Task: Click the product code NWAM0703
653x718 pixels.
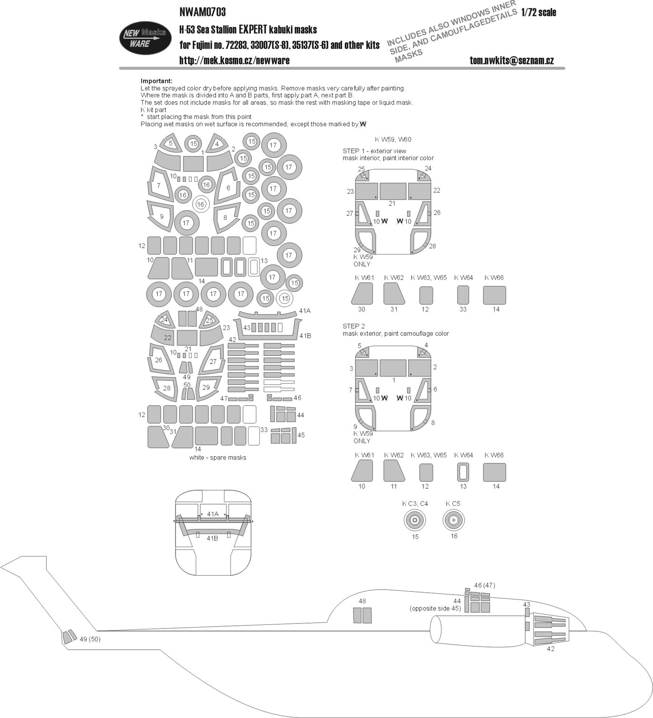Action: coord(202,11)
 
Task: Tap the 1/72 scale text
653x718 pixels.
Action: coord(538,13)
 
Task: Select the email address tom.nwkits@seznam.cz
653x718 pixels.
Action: coord(512,60)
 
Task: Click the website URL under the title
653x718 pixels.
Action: coord(235,60)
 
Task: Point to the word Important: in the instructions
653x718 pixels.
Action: coord(156,81)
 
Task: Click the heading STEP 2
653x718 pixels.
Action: coord(354,326)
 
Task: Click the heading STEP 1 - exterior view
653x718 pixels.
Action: coord(374,151)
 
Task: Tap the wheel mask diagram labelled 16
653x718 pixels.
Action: coord(454,520)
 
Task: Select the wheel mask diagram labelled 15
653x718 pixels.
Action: coord(415,520)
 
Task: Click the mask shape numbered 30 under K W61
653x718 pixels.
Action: coord(362,293)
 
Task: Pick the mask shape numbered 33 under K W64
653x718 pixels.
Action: coord(463,295)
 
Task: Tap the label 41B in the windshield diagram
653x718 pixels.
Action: coord(212,538)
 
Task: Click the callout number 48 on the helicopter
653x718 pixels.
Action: coord(362,601)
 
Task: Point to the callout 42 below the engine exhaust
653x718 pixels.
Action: coord(550,648)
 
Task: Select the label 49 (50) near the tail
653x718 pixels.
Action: coord(89,639)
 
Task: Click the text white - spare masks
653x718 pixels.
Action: coord(218,458)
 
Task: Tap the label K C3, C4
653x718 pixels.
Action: coord(415,503)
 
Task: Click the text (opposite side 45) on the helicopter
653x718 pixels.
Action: coord(435,608)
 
